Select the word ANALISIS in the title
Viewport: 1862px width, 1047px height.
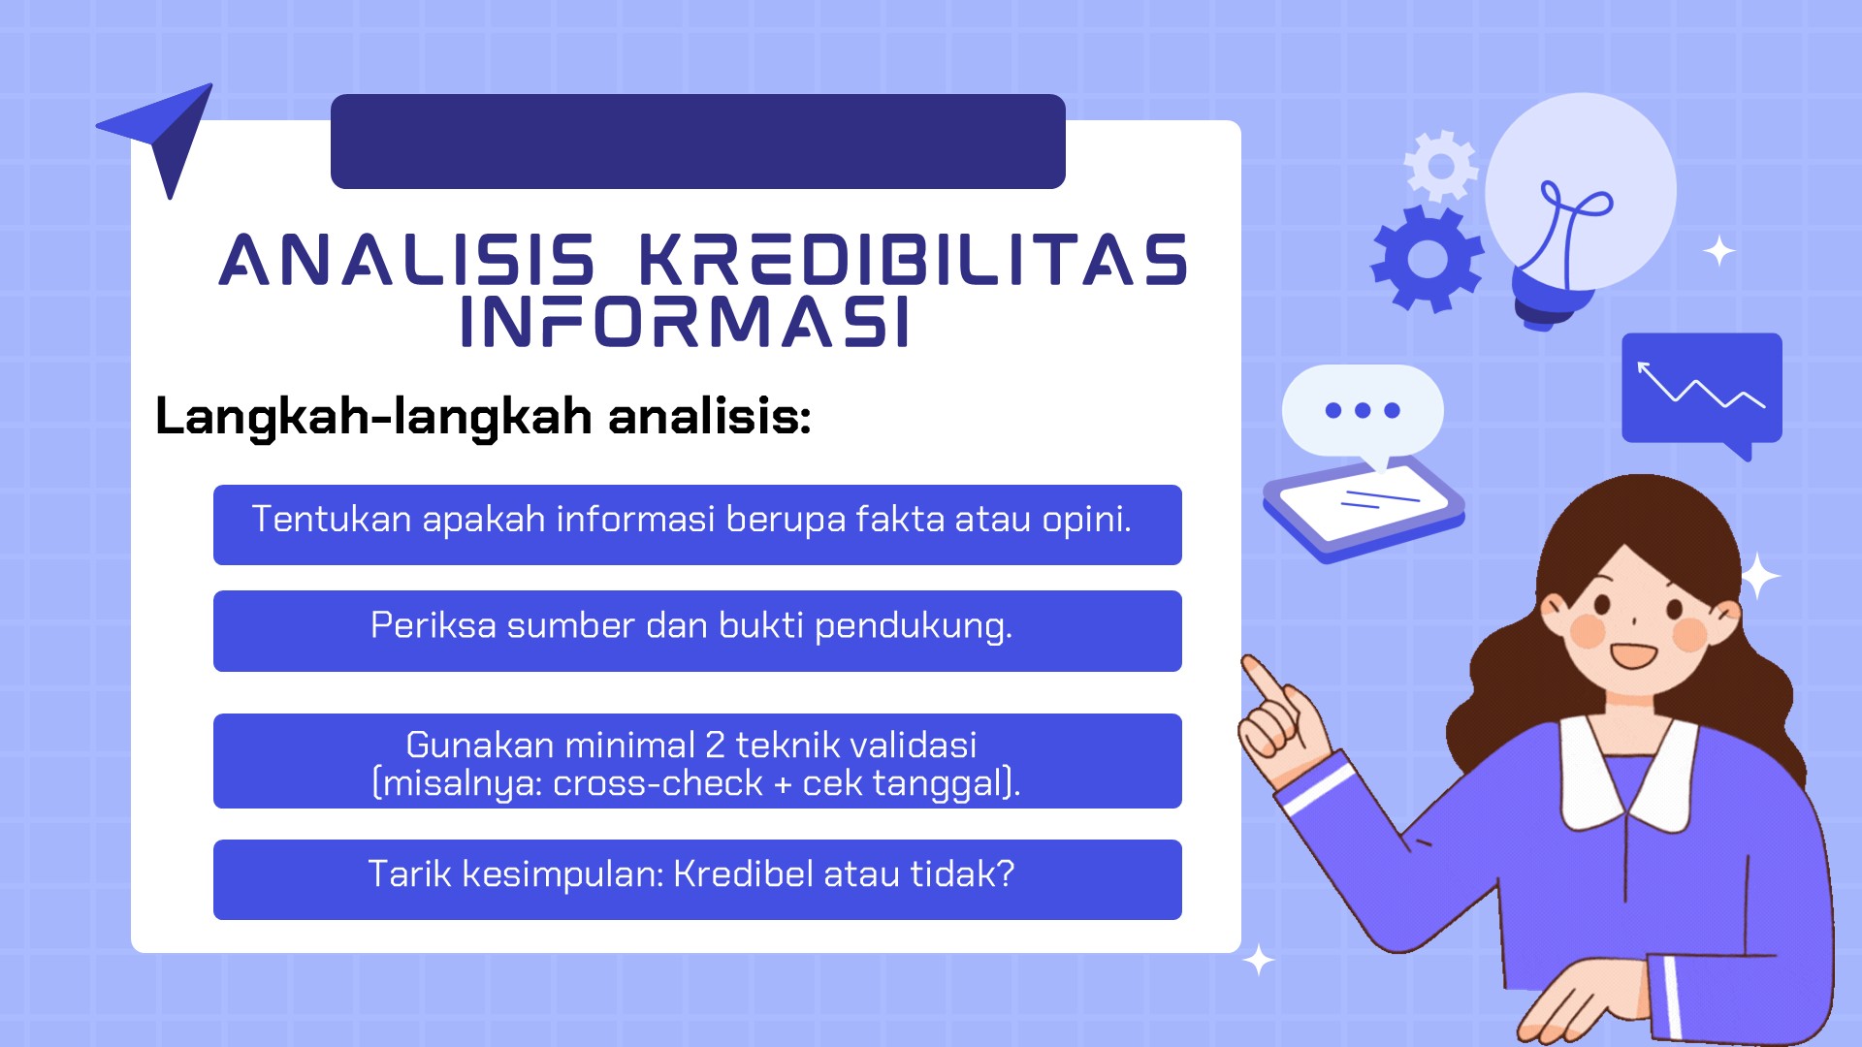407,260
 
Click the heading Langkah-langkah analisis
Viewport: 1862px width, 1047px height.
483,417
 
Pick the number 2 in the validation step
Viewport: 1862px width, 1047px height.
715,745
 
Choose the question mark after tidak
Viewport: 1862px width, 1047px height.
1006,873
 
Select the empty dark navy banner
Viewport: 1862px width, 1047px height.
698,142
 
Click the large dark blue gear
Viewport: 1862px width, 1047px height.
1427,259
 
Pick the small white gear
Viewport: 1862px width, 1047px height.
1441,166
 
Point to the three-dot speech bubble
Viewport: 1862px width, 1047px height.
1363,411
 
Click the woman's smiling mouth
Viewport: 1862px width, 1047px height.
1634,656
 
